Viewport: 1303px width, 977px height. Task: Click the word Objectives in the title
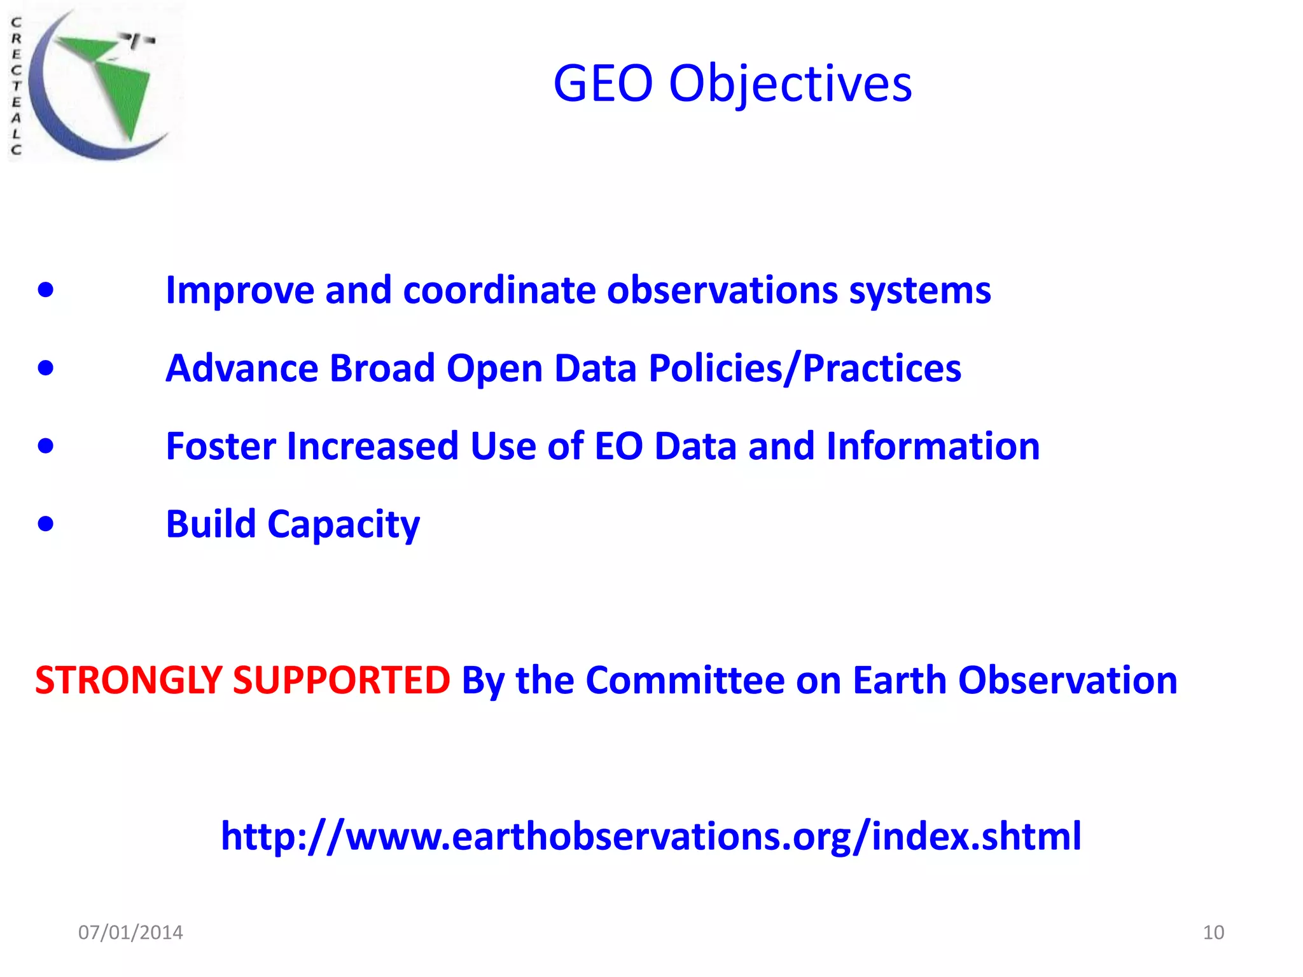click(x=790, y=85)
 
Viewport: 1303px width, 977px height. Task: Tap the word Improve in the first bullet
click(x=240, y=291)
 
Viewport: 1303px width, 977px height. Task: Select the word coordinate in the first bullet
click(x=499, y=291)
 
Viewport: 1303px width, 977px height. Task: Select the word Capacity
click(x=344, y=525)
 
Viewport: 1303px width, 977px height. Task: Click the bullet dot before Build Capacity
click(x=46, y=524)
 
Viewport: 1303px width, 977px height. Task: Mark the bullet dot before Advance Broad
click(x=46, y=368)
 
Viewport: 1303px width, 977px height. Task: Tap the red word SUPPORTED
click(x=342, y=681)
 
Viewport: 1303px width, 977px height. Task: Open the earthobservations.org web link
click(x=650, y=836)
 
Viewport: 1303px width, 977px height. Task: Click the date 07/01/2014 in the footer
click(x=130, y=932)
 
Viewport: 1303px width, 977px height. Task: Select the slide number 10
click(x=1213, y=932)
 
